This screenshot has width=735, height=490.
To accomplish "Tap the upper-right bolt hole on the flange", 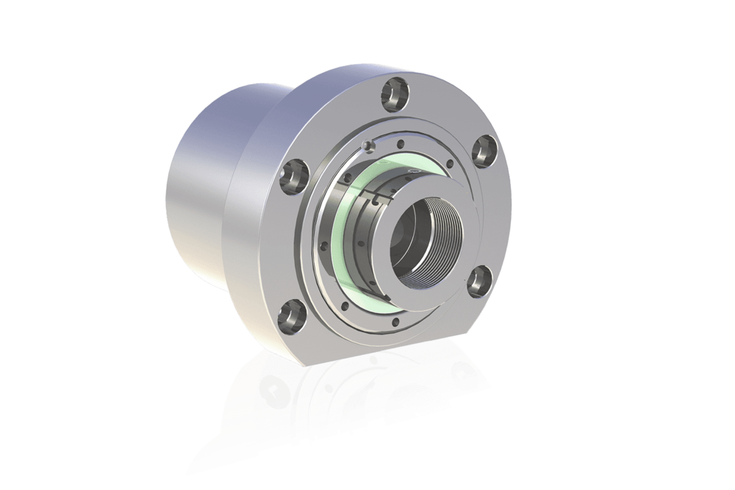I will tap(482, 148).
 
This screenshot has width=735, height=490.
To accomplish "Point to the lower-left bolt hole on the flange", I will tap(293, 315).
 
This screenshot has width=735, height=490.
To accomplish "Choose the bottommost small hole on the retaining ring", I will tap(397, 320).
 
